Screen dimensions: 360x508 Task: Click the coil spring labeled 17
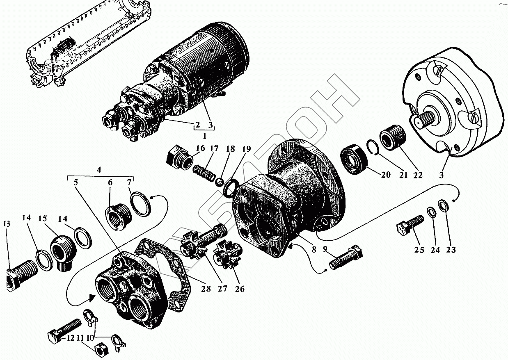(x=204, y=172)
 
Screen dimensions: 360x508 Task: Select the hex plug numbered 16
(x=177, y=157)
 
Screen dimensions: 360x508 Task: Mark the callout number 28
(x=206, y=289)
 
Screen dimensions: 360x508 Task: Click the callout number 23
(x=451, y=249)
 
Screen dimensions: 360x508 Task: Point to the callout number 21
(x=403, y=175)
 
